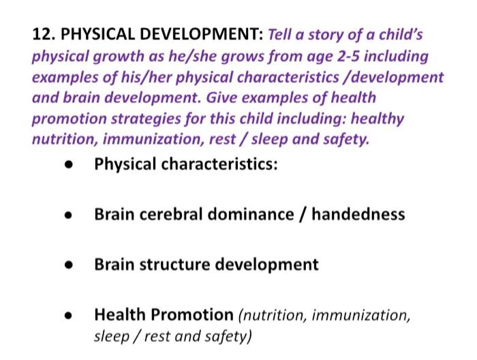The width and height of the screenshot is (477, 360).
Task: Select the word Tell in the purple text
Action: [282, 33]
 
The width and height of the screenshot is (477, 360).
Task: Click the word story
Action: [327, 33]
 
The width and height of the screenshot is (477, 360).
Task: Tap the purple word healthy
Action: [380, 119]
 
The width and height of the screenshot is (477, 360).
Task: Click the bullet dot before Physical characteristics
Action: [68, 166]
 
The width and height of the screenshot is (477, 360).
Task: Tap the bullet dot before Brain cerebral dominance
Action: [68, 216]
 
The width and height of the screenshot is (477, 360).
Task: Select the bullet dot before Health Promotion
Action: [68, 316]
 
